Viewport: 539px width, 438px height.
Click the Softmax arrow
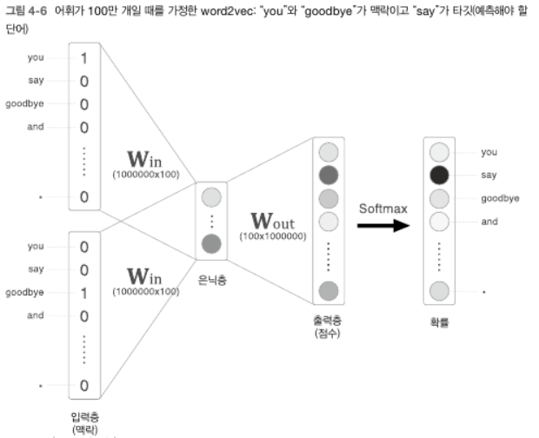click(x=383, y=225)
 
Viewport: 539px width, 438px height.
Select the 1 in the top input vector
click(x=84, y=58)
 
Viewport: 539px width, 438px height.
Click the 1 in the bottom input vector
click(x=84, y=293)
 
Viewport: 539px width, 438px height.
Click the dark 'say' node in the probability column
click(x=440, y=175)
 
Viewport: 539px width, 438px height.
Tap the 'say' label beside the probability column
click(x=489, y=175)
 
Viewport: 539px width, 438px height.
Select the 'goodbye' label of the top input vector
click(x=24, y=104)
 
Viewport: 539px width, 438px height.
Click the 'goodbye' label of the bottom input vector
click(x=24, y=293)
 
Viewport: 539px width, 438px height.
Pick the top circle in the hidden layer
click(x=211, y=196)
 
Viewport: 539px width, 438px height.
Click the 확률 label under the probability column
click(x=439, y=322)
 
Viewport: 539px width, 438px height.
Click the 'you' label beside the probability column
click(x=489, y=152)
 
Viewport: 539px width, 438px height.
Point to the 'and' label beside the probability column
click(x=489, y=222)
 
